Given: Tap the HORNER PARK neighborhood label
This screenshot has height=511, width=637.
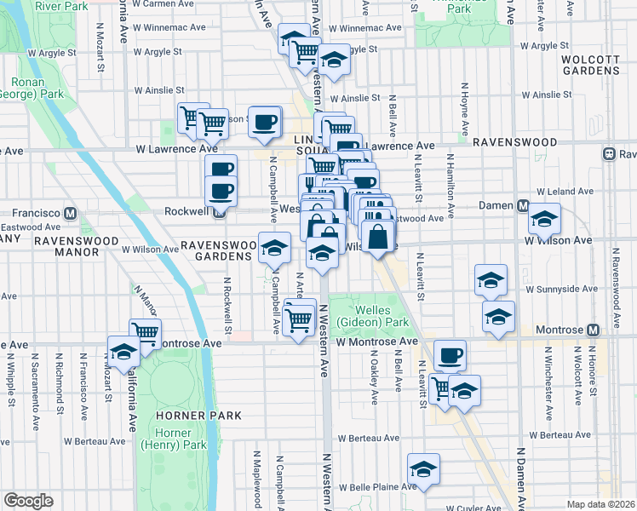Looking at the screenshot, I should click(x=198, y=416).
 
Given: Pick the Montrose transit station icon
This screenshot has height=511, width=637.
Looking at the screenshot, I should click(x=593, y=330).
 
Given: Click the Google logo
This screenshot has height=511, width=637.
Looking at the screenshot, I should click(x=28, y=501).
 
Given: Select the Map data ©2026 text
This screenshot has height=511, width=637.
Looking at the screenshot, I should click(x=600, y=503).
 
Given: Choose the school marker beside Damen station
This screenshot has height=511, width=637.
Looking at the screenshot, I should click(x=544, y=220).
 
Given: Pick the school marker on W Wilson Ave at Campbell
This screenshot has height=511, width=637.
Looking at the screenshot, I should click(x=274, y=248).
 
